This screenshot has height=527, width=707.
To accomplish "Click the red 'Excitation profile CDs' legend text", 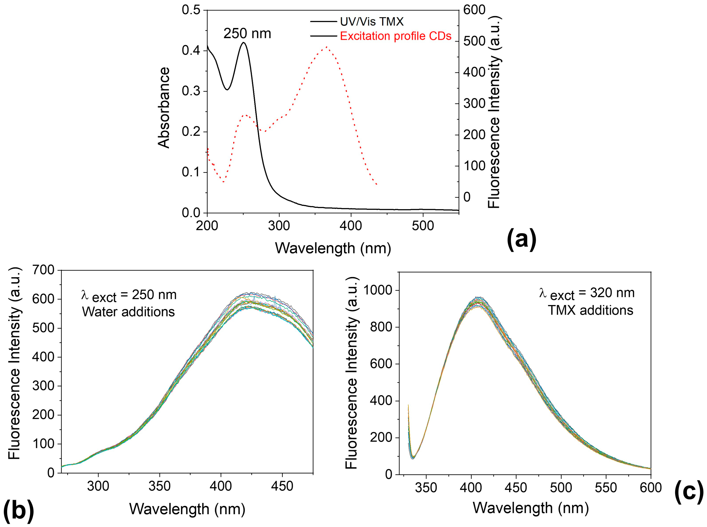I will click(x=396, y=36).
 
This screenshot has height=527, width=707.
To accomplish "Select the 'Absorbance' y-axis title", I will click(x=164, y=108).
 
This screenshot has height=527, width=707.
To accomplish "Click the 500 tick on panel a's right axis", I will click(x=474, y=41).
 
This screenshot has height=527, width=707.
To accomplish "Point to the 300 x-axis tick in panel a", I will click(x=279, y=226).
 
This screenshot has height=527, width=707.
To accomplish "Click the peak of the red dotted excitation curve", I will click(x=326, y=47).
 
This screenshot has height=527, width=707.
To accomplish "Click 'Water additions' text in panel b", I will click(x=128, y=312).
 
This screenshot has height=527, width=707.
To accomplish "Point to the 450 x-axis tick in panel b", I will click(x=282, y=486).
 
